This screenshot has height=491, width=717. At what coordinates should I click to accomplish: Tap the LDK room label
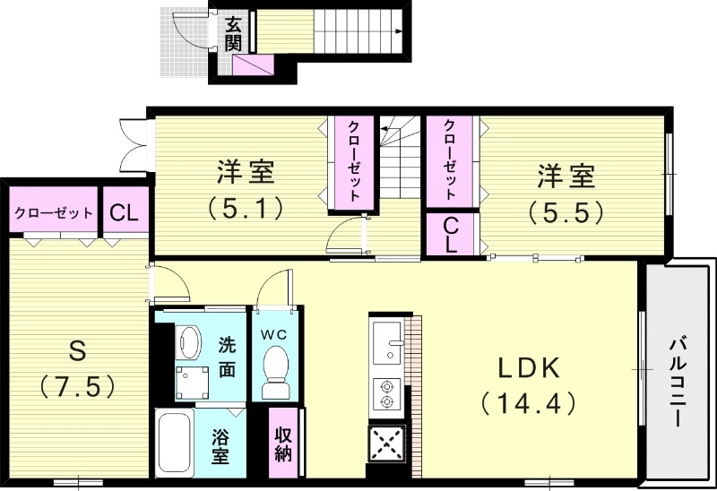pyautogui.click(x=528, y=367)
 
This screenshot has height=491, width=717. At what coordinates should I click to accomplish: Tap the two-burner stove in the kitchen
pyautogui.click(x=388, y=394)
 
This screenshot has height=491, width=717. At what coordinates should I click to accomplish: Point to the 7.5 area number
pyautogui.click(x=78, y=386)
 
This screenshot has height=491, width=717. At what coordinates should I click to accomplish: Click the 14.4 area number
pyautogui.click(x=528, y=404)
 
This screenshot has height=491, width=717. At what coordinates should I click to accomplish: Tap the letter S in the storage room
pyautogui.click(x=78, y=349)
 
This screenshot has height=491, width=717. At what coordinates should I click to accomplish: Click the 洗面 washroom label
pyautogui.click(x=228, y=355)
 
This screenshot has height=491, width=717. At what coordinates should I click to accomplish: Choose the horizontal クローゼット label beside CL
pyautogui.click(x=53, y=213)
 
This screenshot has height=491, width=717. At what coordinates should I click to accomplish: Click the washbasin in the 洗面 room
pyautogui.click(x=188, y=341)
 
